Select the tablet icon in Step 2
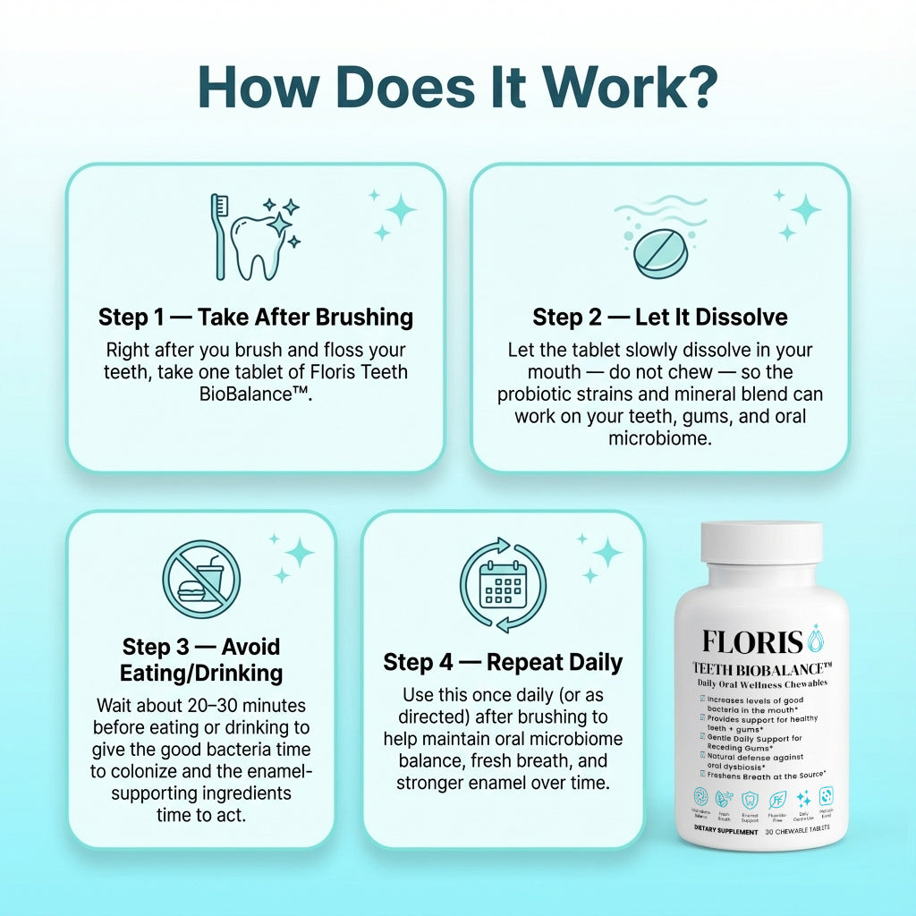(x=660, y=251)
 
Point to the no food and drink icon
(x=201, y=580)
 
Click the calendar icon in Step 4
(x=502, y=585)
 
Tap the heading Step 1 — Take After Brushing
(x=256, y=317)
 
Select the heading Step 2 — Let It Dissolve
(x=660, y=317)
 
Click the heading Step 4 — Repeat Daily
(x=503, y=662)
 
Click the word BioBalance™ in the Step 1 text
(x=256, y=394)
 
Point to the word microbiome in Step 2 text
(x=660, y=438)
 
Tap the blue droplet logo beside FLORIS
(x=815, y=640)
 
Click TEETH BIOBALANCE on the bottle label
(x=762, y=668)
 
